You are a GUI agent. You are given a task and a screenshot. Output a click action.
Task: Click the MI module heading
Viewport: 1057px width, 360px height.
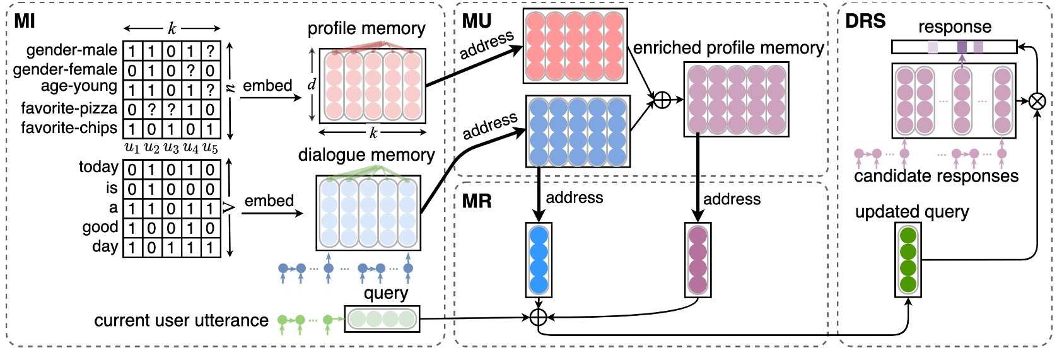25,21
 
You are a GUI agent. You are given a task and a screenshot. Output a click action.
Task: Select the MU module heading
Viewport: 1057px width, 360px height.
476,21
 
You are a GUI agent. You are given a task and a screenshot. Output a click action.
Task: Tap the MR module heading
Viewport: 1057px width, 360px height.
476,201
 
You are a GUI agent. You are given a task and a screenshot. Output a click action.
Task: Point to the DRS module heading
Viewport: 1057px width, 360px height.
865,21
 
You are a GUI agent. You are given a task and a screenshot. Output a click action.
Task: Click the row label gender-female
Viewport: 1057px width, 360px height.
65,69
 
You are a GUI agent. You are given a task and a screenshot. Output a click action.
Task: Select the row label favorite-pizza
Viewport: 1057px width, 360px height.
69,108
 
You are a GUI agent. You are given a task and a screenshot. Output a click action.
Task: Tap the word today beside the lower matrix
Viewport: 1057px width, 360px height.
98,167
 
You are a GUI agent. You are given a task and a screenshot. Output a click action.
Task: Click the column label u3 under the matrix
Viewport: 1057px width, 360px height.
171,148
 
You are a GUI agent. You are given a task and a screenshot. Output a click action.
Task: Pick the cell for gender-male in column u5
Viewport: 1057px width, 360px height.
211,50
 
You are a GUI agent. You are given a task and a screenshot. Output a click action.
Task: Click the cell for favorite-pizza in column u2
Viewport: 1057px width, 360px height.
152,110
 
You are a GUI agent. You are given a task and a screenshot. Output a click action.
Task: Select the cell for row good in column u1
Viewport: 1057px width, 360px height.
132,228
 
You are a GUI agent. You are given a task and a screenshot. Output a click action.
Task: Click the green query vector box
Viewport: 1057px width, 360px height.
382,319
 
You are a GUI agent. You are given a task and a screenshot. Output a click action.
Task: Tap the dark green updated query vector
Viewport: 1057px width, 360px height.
908,260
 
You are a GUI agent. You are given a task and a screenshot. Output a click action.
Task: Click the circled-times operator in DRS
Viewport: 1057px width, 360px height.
1037,101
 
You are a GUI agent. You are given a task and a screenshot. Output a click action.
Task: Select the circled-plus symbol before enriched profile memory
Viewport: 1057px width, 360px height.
662,100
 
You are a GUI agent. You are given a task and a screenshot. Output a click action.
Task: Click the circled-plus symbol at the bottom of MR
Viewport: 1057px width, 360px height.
538,316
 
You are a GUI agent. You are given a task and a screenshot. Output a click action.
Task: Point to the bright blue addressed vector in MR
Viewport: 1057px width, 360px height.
539,260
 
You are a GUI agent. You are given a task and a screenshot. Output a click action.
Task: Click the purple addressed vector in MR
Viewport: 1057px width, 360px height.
698,260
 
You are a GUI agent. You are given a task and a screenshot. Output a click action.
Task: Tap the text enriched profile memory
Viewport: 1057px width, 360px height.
728,48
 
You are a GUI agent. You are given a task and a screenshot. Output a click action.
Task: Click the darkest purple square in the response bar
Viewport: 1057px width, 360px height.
962,47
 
